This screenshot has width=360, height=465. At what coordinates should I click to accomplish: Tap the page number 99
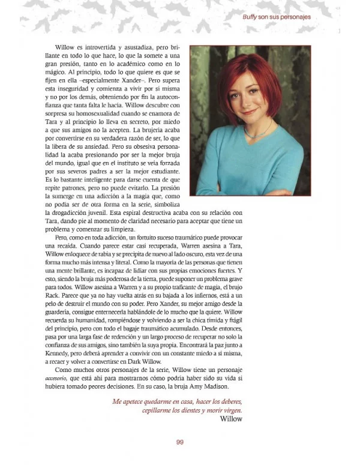[179, 443]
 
